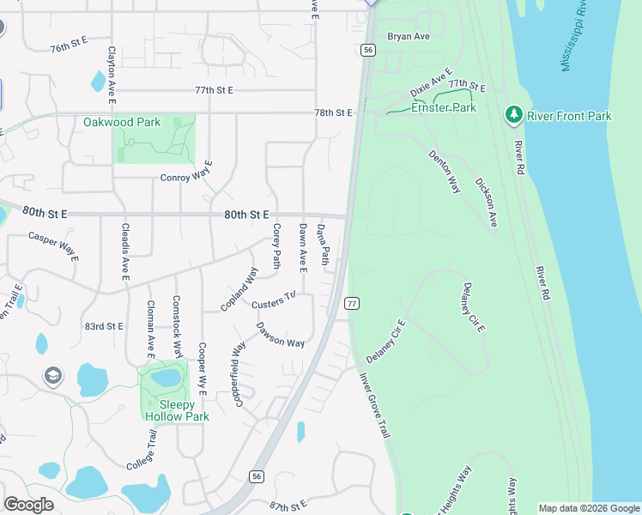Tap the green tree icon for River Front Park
[514, 113]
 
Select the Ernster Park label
[444, 108]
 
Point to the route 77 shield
[352, 304]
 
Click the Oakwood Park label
[122, 122]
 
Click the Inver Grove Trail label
[373, 403]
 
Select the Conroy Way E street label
[186, 178]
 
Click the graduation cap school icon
[53, 376]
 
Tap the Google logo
[28, 504]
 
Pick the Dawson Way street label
[281, 335]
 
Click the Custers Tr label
[274, 300]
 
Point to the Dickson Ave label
[486, 203]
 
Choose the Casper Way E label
[53, 245]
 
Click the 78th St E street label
[334, 112]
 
